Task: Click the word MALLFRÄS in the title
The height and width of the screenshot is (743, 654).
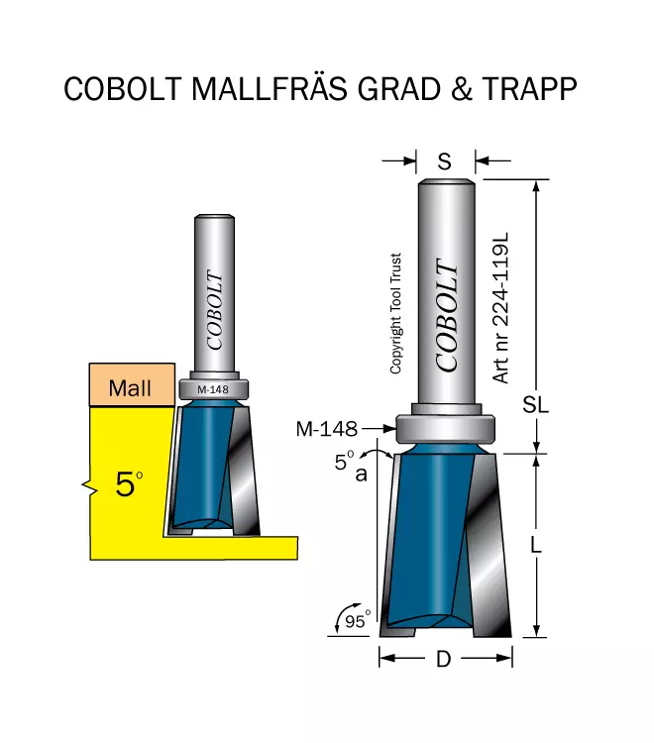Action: pos(270,88)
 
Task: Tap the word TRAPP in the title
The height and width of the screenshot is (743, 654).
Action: pos(530,88)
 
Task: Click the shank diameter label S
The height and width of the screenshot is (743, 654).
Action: pos(445,162)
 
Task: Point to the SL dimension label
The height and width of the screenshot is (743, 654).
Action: pos(535,405)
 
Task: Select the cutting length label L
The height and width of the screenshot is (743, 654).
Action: pos(535,546)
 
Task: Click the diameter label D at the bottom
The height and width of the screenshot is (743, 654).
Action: pos(444,659)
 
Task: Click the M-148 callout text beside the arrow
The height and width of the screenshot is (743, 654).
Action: pos(327,429)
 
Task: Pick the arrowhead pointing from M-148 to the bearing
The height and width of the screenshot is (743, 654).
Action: pos(389,429)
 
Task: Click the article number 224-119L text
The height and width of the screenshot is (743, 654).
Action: pos(500,307)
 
